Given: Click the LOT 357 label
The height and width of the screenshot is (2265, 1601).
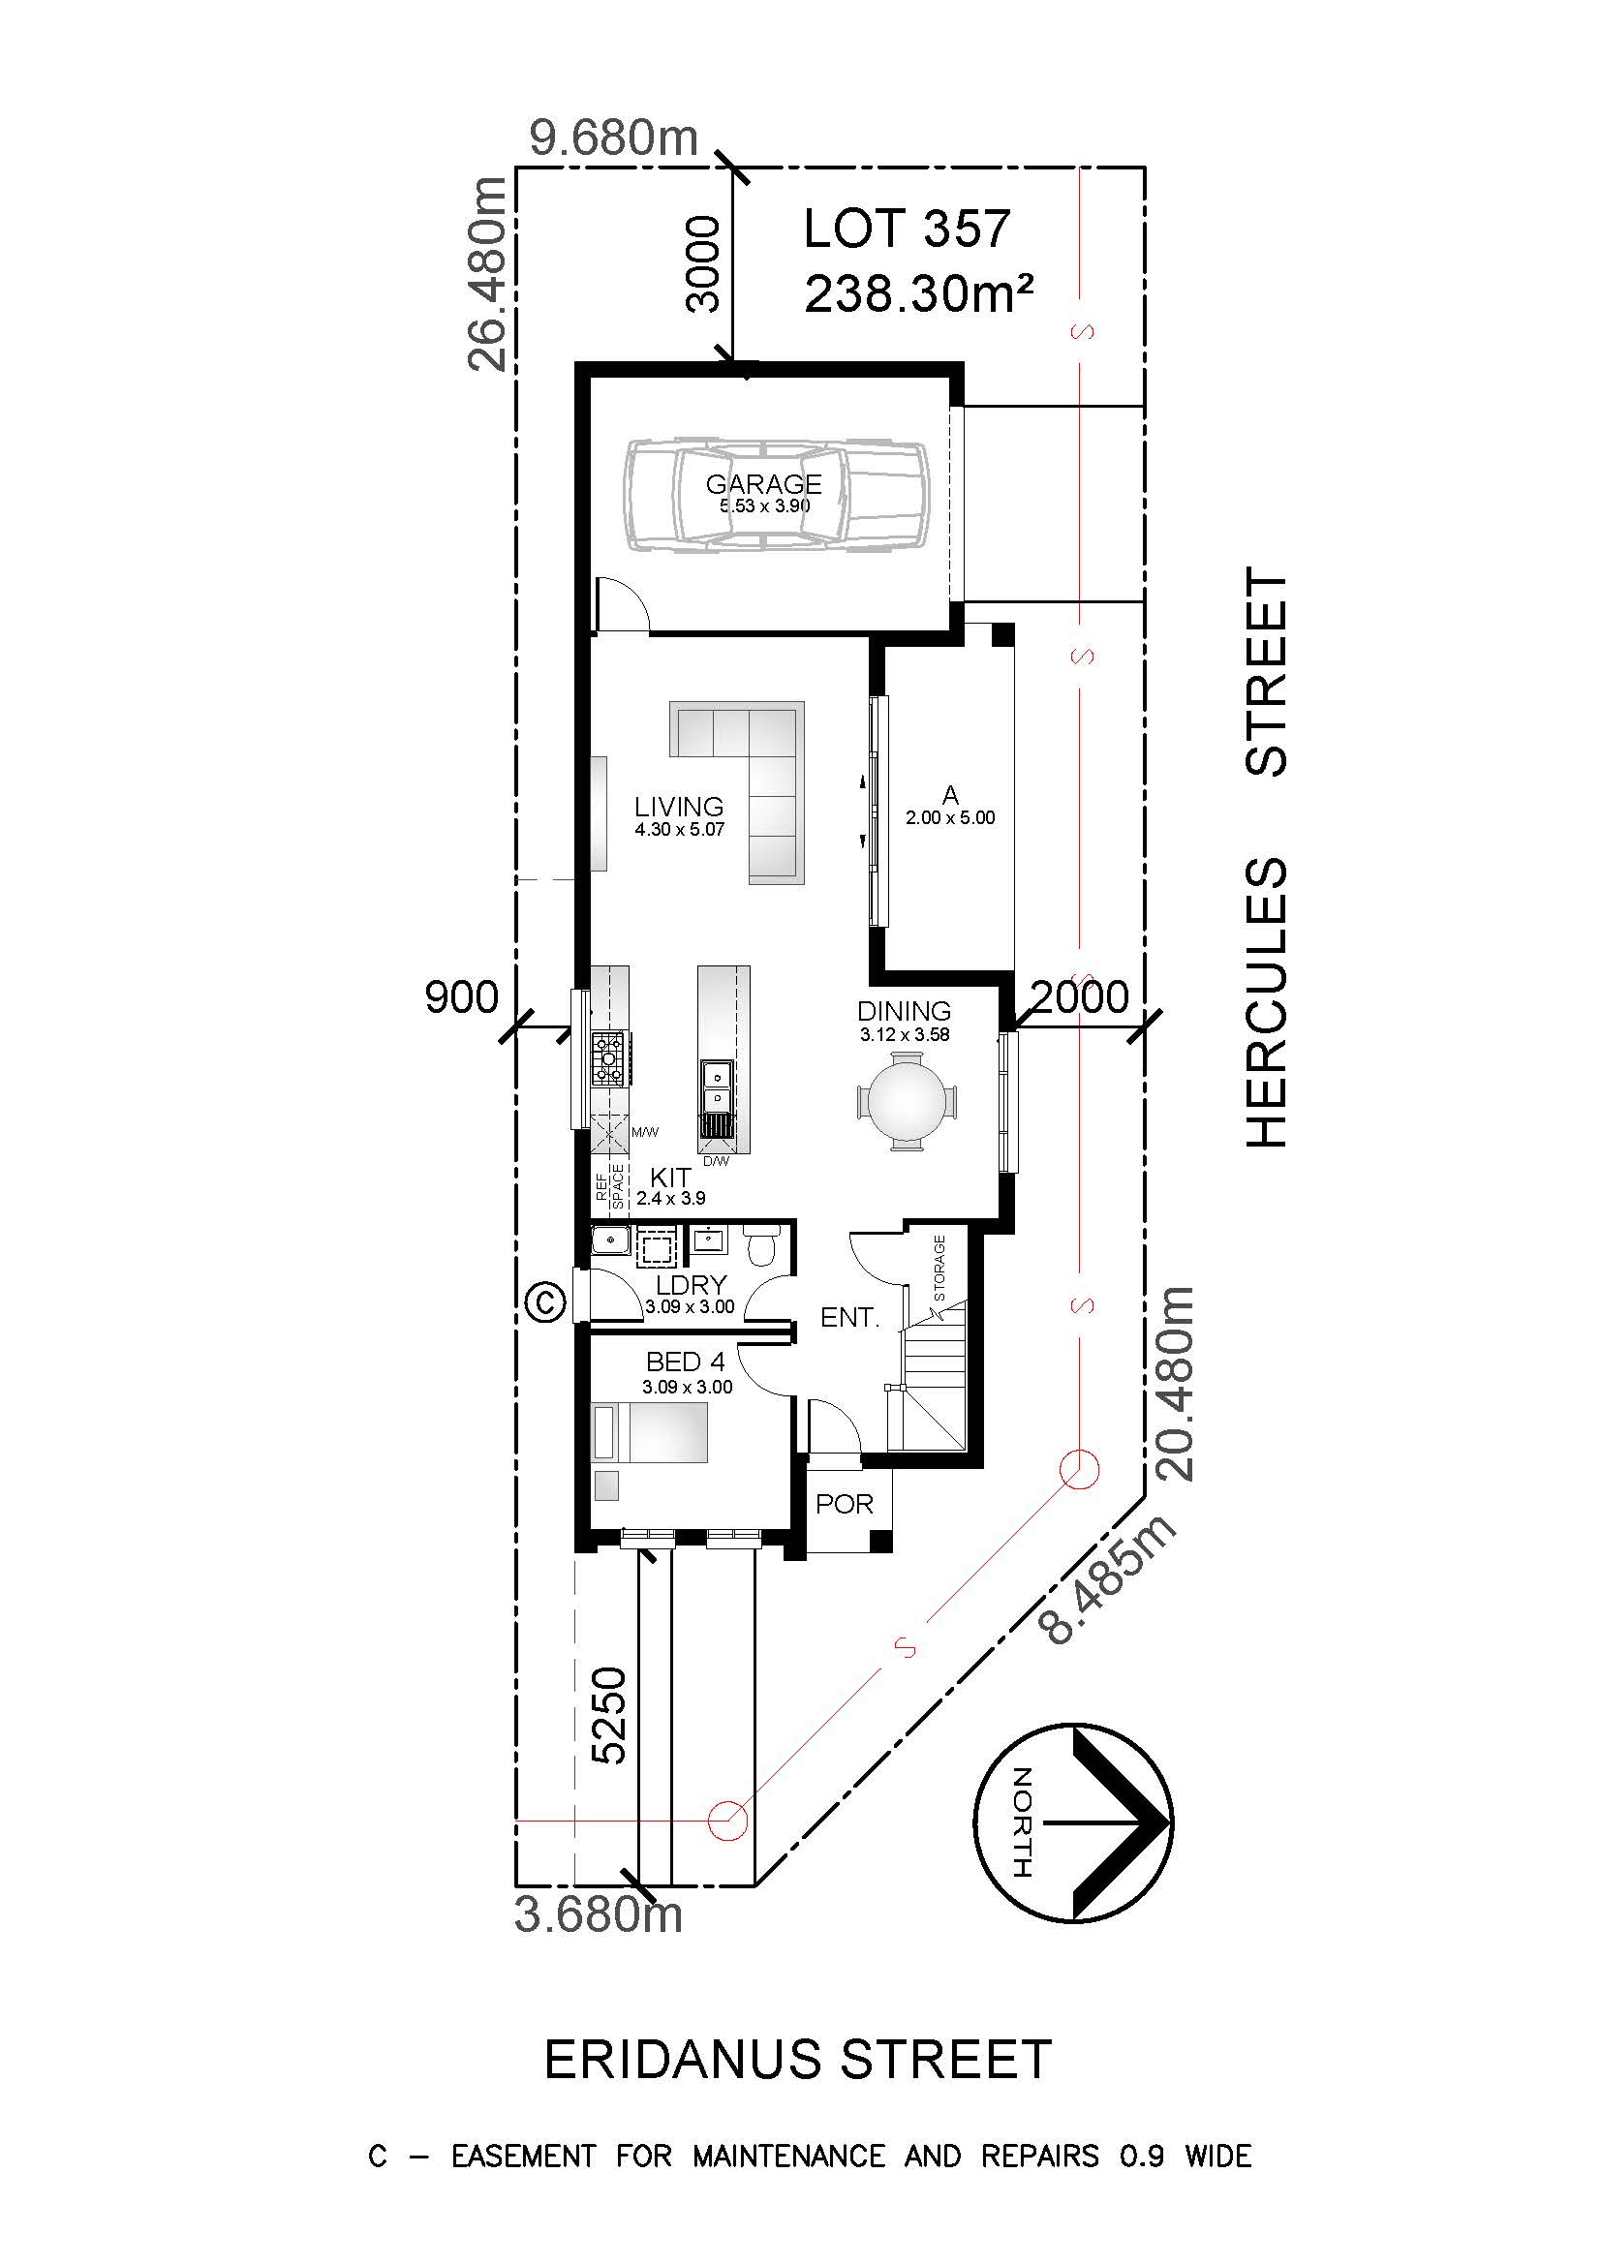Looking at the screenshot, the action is click(x=907, y=229).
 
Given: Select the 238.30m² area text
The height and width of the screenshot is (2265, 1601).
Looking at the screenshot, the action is click(x=919, y=293).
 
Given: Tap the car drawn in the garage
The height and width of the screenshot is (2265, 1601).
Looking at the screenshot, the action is click(x=776, y=494).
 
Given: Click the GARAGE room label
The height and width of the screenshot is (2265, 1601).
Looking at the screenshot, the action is click(x=763, y=483).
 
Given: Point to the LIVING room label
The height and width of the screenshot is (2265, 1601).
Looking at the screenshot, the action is click(x=679, y=806).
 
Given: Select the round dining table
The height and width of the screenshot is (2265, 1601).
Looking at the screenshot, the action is click(x=906, y=1101).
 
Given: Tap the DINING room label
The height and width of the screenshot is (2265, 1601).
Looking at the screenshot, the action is click(x=904, y=1011).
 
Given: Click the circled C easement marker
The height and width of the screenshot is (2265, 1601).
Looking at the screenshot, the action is click(x=545, y=1301).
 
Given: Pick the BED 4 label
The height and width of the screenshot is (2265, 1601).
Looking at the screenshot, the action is click(x=686, y=1362).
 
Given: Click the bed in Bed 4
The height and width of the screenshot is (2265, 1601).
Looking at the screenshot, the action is click(x=650, y=1433).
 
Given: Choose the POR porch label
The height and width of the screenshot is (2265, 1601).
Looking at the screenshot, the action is click(x=845, y=1504).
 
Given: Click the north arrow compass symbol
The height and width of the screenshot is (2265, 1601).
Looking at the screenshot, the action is click(x=1073, y=1822).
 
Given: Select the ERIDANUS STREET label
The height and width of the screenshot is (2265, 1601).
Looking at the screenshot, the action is click(x=798, y=2060).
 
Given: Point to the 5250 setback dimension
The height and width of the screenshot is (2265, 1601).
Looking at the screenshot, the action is click(x=608, y=1716).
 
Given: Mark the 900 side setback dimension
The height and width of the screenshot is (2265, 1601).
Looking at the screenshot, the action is click(x=462, y=996).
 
